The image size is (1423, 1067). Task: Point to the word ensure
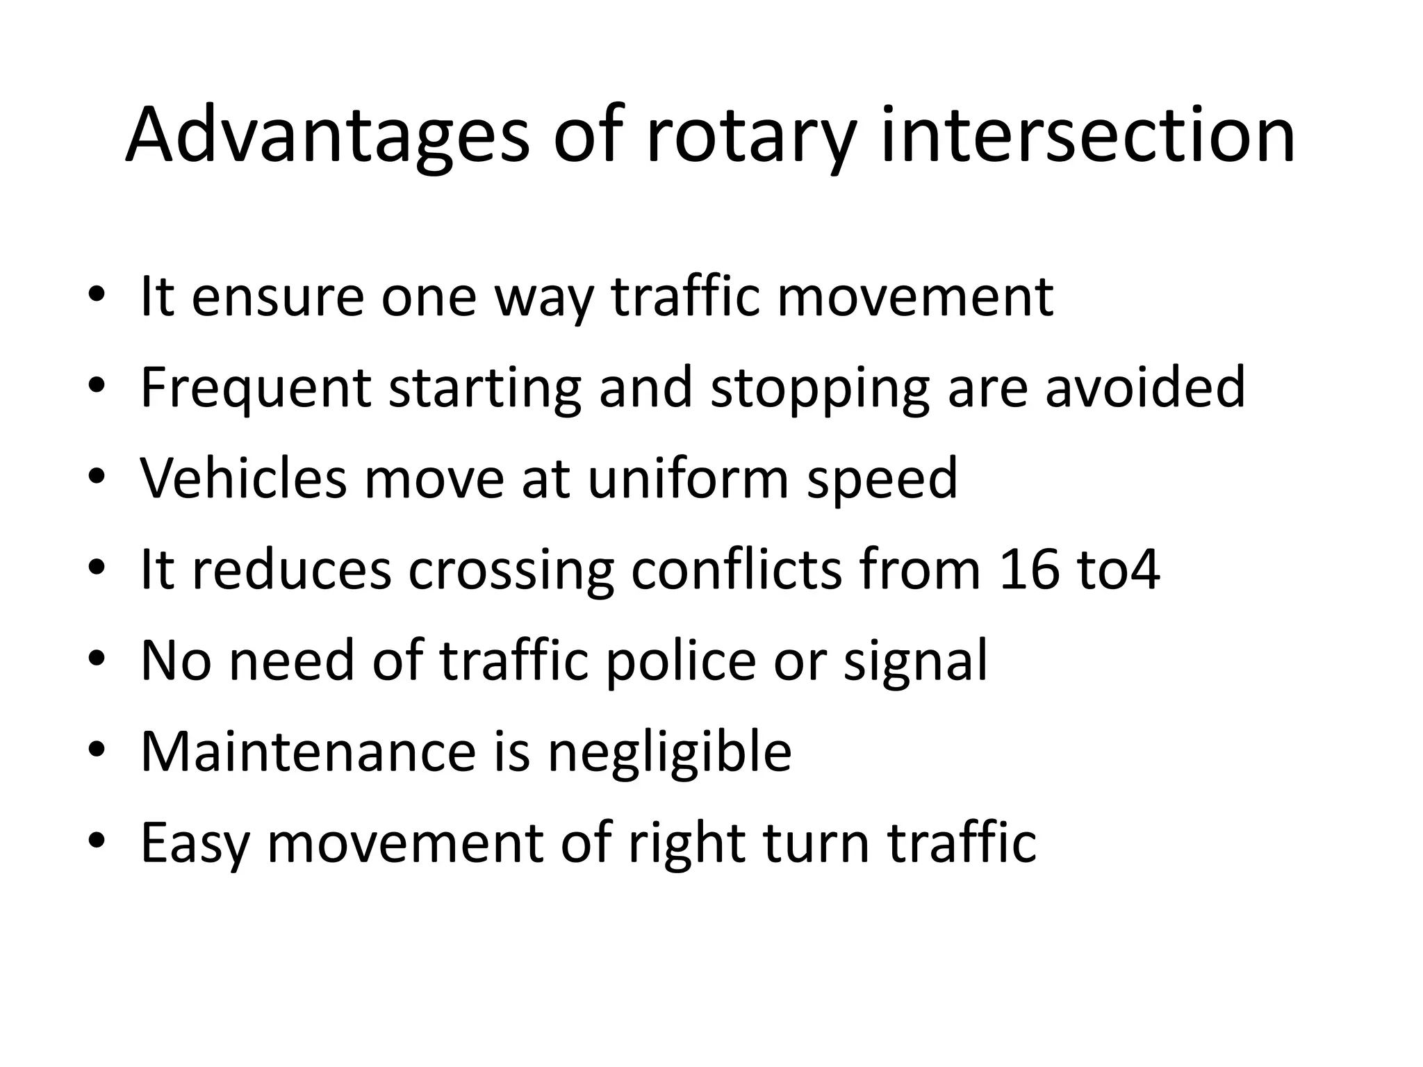coord(277,297)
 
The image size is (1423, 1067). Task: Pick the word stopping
coord(820,388)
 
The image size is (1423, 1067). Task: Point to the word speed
coord(882,479)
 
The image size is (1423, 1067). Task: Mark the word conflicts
coord(737,570)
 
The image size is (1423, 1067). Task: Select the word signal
coord(915,661)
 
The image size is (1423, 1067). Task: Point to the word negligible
coord(670,753)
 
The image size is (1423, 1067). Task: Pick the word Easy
coord(195,843)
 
